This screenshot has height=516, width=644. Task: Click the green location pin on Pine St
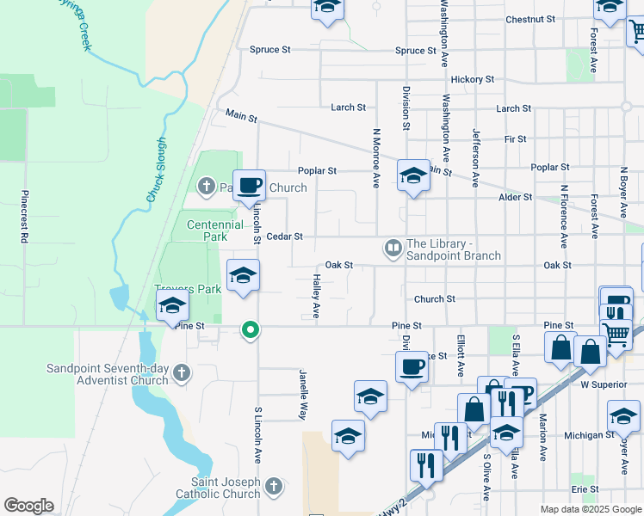251,329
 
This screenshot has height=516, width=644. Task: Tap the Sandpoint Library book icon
393,249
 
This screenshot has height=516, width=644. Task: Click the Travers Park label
189,290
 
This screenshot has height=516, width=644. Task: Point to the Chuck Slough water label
155,171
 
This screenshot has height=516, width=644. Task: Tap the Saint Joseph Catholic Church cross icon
273,488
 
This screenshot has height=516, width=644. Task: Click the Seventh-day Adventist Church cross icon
181,372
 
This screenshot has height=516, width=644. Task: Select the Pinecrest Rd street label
25,216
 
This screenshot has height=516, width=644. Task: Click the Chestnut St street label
530,19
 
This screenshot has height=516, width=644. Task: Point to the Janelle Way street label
303,395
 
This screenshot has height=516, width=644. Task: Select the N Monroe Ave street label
376,158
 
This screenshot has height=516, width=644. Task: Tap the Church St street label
434,299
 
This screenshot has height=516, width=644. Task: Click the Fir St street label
516,138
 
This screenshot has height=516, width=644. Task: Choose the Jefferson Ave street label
474,158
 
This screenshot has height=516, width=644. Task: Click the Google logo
28,506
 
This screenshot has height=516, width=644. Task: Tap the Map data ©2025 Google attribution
590,509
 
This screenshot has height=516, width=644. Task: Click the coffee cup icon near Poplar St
250,185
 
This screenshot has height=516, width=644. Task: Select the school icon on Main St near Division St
413,176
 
